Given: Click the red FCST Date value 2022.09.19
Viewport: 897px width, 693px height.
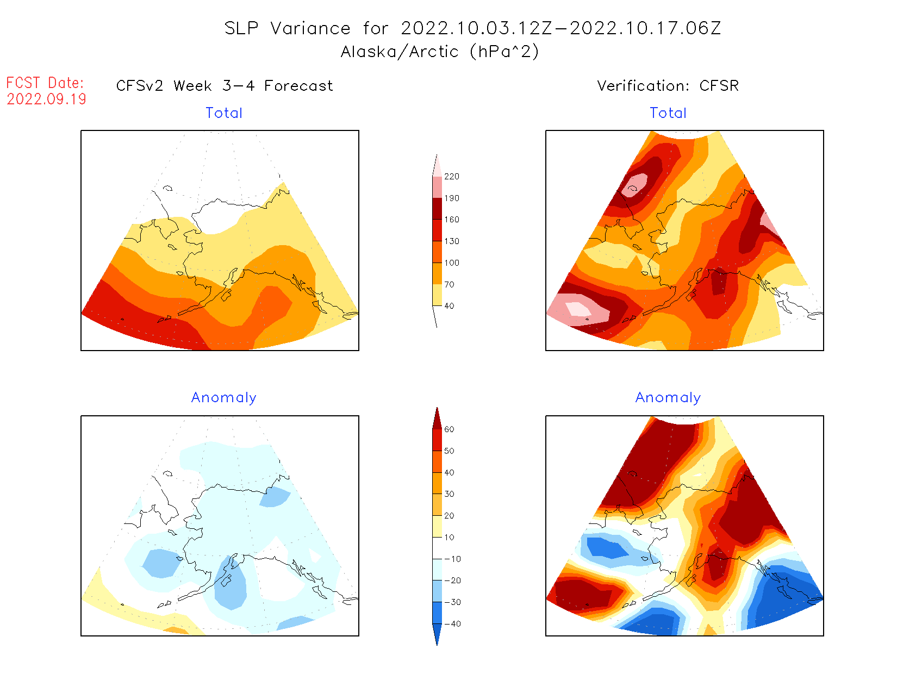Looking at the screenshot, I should pos(46,99).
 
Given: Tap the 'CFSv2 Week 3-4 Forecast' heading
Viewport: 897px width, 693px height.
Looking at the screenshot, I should pos(225,86).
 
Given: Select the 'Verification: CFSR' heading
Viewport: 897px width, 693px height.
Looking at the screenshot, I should pos(668,86).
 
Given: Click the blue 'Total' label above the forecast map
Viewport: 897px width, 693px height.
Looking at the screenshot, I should pos(224,113).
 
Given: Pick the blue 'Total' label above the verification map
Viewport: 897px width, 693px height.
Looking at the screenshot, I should pos(668,113).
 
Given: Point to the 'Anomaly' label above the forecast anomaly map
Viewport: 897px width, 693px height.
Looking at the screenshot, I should pos(223,398).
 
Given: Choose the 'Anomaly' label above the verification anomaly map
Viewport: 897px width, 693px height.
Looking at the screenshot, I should pos(668,398).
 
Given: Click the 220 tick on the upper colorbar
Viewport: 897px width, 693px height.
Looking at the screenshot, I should pos(451,177).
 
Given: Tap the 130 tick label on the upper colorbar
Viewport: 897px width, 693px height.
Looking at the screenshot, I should pos(451,241).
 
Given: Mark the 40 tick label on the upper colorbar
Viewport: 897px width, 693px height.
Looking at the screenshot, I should pos(449,306).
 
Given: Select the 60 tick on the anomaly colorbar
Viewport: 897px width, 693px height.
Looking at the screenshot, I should pos(449,429).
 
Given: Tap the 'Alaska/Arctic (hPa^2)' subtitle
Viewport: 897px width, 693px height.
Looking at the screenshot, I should pos(440,52).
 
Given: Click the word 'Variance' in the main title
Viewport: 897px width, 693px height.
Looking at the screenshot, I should pos(310,28).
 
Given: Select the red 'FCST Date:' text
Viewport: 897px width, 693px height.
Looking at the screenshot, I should pos(45,83).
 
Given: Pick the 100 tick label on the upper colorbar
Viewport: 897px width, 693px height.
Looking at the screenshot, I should pos(451,263).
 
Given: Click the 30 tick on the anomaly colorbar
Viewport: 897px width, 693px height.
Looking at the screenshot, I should pos(449,494).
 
